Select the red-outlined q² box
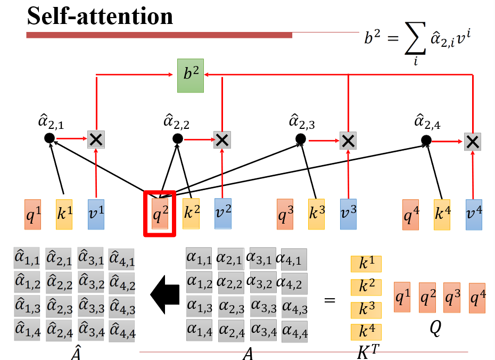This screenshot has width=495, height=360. tap(160, 214)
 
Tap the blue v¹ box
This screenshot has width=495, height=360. tap(96, 214)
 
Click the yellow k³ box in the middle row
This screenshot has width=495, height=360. tap(317, 214)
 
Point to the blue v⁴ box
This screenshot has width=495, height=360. tap(474, 215)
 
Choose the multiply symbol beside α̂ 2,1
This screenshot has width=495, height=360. tap(96, 140)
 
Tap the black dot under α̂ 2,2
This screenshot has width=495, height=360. tap(178, 139)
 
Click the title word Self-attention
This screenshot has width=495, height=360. tap(100, 17)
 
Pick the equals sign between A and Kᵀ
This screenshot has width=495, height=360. tap(330, 300)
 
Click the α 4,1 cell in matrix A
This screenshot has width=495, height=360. tap(294, 259)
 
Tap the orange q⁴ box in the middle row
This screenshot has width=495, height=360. tap(411, 215)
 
